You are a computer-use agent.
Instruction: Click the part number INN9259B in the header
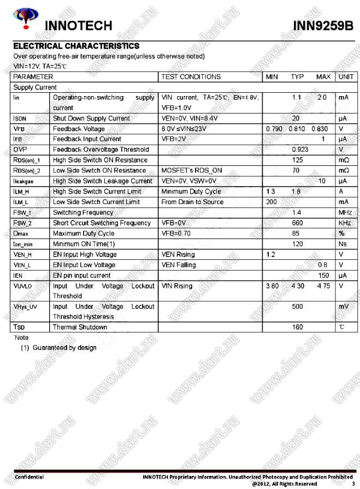pyautogui.click(x=323, y=25)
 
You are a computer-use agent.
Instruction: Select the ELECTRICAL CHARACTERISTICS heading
pyautogui.click(x=76, y=46)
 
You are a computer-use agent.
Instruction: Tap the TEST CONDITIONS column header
pyautogui.click(x=191, y=77)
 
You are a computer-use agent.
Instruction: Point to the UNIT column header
pyautogui.click(x=346, y=77)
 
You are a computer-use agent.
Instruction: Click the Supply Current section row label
pyautogui.click(x=35, y=87)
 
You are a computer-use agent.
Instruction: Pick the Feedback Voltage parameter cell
pyautogui.click(x=79, y=129)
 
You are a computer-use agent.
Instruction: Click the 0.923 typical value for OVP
pyautogui.click(x=300, y=150)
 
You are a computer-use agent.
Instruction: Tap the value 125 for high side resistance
pyautogui.click(x=297, y=160)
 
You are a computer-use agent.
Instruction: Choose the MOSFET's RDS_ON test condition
pyautogui.click(x=192, y=170)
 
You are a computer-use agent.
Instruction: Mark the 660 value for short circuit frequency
pyautogui.click(x=297, y=223)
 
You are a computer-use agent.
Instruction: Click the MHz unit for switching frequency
pyautogui.click(x=345, y=212)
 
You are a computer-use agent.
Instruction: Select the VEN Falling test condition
pyautogui.click(x=178, y=265)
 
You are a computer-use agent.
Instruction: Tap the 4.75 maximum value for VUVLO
pyautogui.click(x=323, y=286)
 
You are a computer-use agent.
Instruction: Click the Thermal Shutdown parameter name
pyautogui.click(x=80, y=327)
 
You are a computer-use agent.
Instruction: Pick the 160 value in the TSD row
pyautogui.click(x=297, y=327)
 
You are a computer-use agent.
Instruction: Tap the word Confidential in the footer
pyautogui.click(x=29, y=477)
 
